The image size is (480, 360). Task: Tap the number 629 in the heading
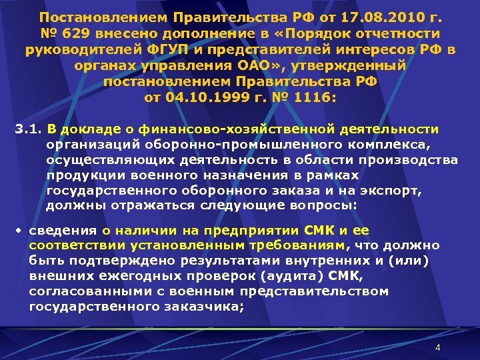click(74, 33)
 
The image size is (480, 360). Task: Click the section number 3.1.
click(27, 129)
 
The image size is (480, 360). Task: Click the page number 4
click(437, 348)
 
